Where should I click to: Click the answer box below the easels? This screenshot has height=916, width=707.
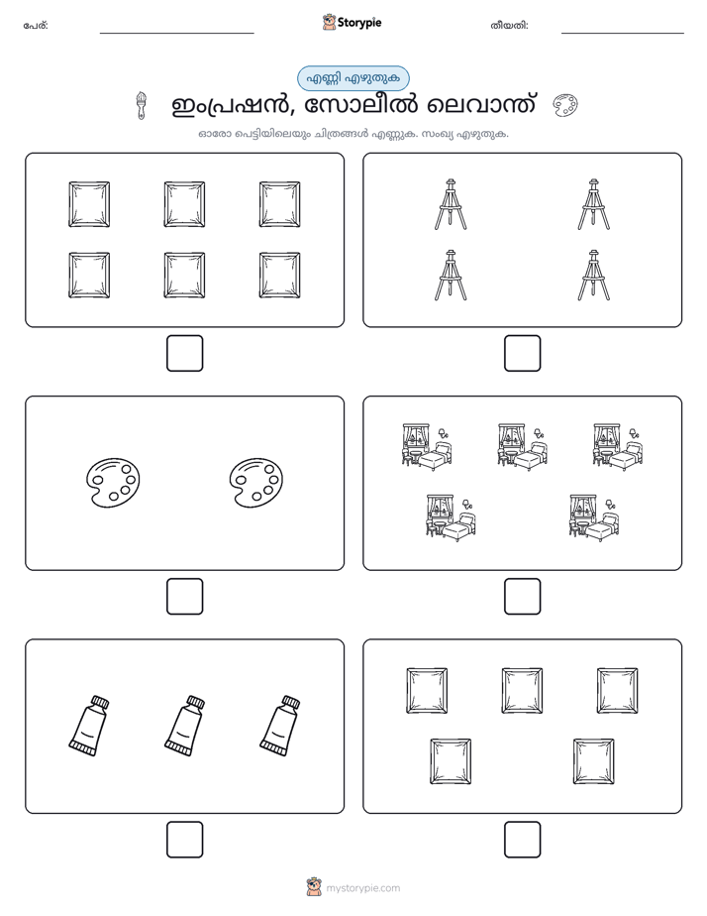coord(522,353)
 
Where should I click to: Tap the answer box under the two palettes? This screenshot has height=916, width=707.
coord(184,596)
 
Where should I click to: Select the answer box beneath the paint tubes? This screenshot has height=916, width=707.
coord(184,839)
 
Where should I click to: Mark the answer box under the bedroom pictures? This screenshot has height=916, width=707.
coord(522,596)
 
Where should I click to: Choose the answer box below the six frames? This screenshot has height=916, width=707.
coord(184,353)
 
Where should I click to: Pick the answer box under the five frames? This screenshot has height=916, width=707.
coord(522,839)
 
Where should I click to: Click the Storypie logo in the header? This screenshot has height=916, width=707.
coord(352,22)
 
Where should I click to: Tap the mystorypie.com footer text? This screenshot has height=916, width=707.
coord(362,888)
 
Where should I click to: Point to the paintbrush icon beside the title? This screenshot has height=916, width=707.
coord(141,106)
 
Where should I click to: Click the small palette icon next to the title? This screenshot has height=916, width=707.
coord(564,106)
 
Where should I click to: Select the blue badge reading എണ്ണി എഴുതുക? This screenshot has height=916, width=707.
coord(353,78)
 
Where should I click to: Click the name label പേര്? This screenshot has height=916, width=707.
coord(36,26)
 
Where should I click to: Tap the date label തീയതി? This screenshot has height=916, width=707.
coord(509,26)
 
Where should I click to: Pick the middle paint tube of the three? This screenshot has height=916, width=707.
coord(184,726)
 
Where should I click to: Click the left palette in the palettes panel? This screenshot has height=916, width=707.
coord(113,482)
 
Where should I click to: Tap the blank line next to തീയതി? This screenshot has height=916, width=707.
coord(623,34)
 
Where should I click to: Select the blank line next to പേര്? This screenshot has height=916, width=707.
coord(176,34)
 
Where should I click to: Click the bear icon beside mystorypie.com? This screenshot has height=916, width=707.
coord(314,887)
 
